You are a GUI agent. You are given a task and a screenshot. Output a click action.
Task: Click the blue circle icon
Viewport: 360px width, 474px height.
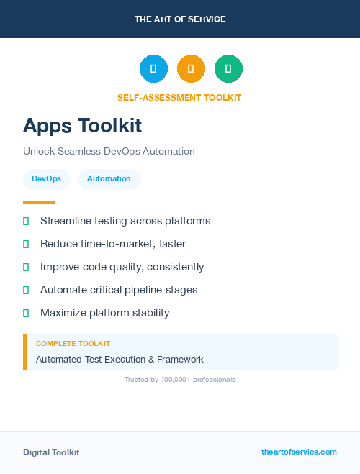pos(153,69)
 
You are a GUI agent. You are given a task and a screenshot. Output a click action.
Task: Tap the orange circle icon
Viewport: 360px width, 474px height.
pos(191,69)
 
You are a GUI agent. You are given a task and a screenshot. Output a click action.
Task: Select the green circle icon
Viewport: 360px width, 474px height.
pos(228,69)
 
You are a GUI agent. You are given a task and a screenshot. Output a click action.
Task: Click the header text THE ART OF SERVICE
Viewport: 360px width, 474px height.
pos(180,19)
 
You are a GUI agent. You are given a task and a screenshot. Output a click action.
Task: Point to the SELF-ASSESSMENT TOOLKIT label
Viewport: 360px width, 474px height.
pos(179,97)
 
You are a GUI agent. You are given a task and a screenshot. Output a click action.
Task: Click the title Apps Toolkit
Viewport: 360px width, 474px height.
pos(82,125)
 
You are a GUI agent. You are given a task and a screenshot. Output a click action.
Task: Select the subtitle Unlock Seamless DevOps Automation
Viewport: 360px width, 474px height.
pos(109,152)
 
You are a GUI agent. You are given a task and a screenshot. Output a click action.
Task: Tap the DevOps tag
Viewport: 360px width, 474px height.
pos(46,179)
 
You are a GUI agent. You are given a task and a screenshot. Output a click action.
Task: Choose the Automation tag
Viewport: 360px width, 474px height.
pos(109,179)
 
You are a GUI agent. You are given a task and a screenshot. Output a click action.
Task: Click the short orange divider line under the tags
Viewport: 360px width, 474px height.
pos(39,202)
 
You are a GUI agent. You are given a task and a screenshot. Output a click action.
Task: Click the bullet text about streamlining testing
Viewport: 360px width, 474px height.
pos(125,221)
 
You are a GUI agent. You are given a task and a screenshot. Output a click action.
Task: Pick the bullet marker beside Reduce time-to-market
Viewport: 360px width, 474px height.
pos(26,244)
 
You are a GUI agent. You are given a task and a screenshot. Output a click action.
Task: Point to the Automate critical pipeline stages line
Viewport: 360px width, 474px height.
pos(119,290)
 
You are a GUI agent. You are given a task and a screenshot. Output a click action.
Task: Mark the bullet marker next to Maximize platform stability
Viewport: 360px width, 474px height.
pos(26,313)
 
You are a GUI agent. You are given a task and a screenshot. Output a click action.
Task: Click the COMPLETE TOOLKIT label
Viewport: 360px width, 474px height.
pos(73,344)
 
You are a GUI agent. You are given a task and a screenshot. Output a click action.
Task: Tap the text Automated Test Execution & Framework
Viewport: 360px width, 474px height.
pos(120,359)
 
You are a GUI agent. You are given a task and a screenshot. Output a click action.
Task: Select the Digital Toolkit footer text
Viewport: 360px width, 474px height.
pos(51,452)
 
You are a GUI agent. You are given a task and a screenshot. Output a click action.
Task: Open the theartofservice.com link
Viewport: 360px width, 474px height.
pos(299,452)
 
